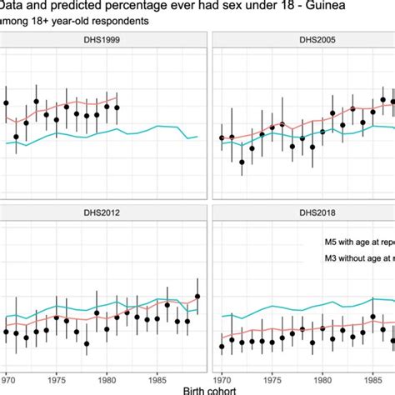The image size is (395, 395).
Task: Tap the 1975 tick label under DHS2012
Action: tap(56, 375)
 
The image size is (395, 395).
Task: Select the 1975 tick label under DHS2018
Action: tap(272, 375)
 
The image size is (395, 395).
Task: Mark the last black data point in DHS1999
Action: tap(117, 106)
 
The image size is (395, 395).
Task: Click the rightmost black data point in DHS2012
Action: tap(197, 296)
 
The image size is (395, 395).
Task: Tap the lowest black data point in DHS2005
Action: tap(242, 162)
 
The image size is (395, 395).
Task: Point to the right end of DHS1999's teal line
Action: tap(197, 137)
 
